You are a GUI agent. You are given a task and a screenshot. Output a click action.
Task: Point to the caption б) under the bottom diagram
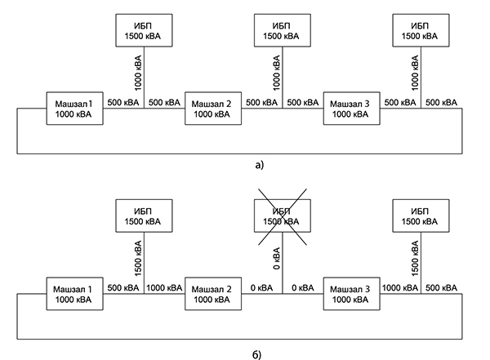pos(256,354)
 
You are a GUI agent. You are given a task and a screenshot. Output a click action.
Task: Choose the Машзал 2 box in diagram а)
pos(214,109)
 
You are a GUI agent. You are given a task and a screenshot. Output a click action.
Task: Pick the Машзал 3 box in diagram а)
pos(352,109)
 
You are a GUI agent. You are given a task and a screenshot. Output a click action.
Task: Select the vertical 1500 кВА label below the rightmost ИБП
pos(414,256)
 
